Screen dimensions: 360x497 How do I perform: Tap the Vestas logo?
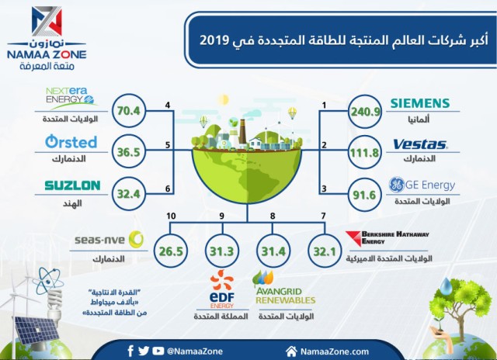click(x=420, y=144)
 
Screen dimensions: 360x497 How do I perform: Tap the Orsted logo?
click(x=71, y=142)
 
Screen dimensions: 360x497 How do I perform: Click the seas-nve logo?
click(x=109, y=239)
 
